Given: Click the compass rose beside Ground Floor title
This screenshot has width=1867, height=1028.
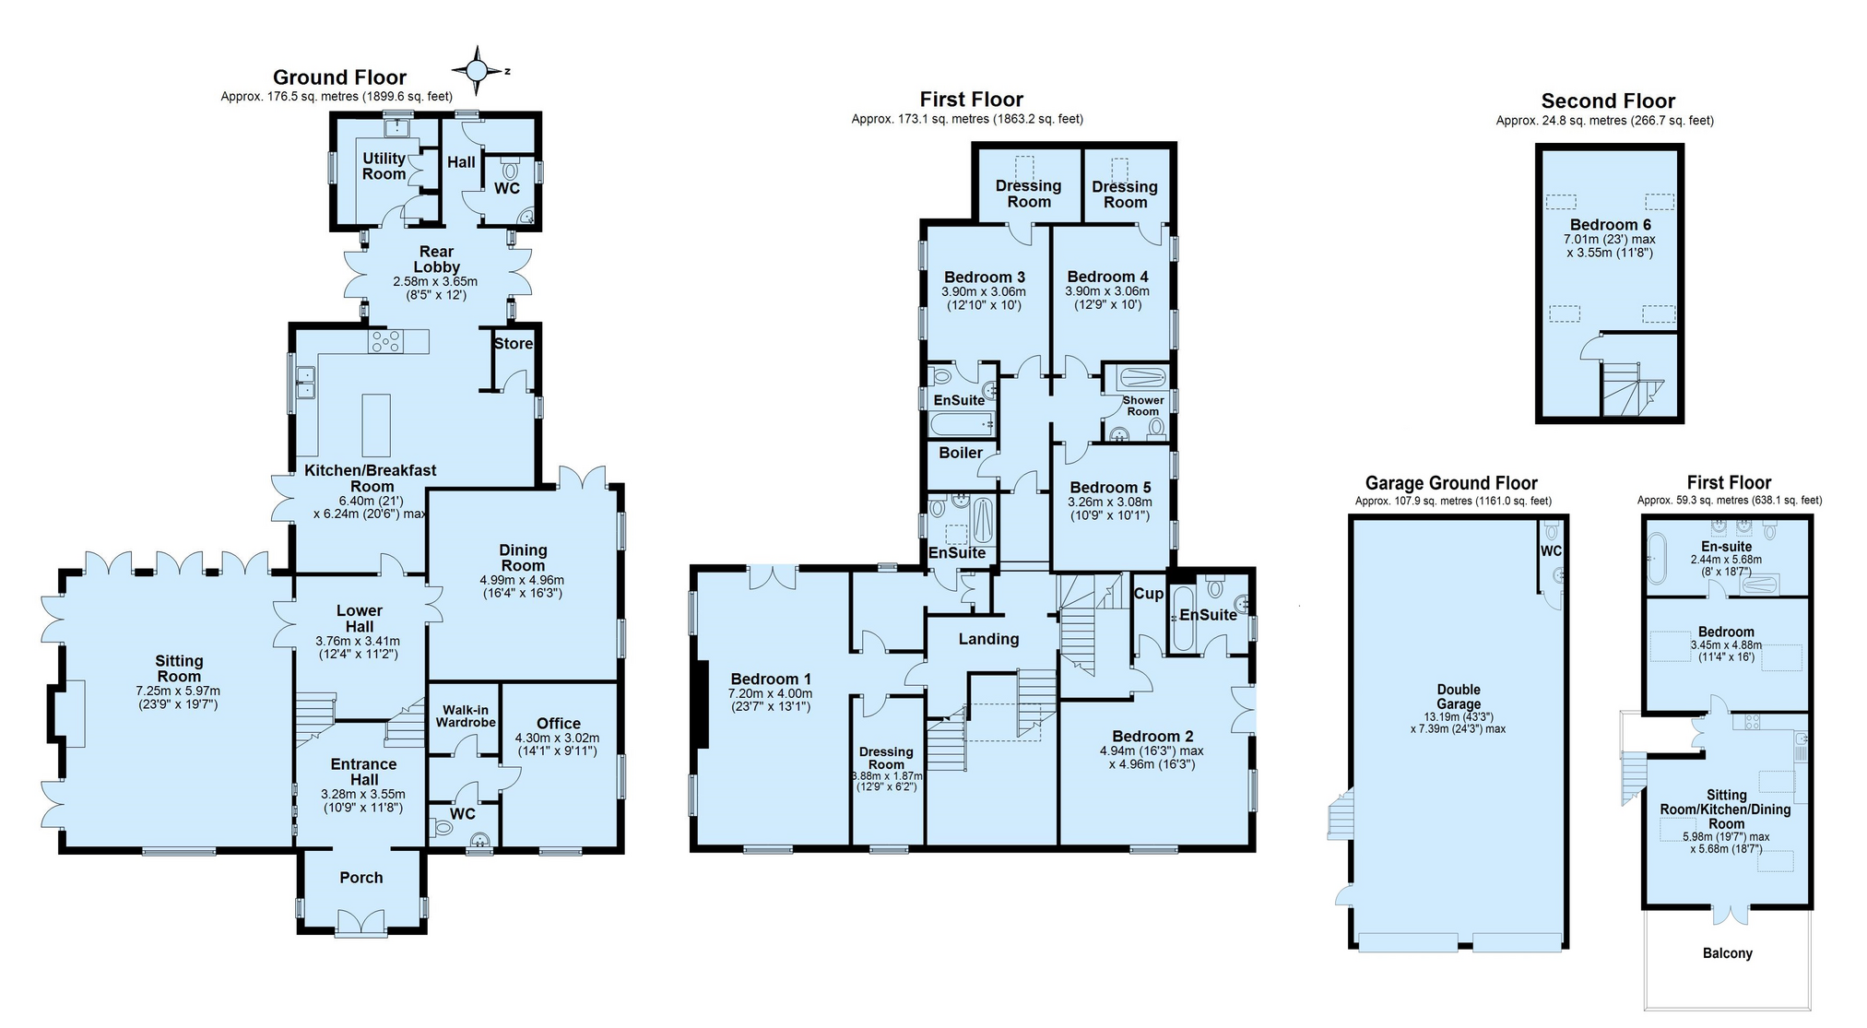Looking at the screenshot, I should coord(477,70).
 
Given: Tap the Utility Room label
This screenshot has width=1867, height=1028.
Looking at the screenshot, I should coord(384,166).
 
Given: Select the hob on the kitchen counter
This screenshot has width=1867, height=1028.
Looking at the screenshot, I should coord(384,342).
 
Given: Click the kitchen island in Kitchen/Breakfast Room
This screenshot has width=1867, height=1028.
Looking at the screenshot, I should coord(375,425).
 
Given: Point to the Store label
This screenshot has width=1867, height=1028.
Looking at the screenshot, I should coord(513,343).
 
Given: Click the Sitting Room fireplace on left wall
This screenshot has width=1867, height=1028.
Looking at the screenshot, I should coord(71,713).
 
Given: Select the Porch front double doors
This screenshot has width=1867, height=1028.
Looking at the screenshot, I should coord(360,923).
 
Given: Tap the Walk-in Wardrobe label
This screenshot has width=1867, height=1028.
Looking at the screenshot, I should coord(466,715).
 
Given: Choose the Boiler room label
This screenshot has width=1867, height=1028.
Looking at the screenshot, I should coord(961,453).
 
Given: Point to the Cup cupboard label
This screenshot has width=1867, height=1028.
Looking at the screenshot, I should coord(1148,593).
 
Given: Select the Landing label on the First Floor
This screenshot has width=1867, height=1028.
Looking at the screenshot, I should coord(988,639).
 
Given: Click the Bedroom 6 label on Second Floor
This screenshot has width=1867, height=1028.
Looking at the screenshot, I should coord(1610,224).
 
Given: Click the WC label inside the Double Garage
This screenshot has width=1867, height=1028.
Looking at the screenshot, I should coord(1551,550).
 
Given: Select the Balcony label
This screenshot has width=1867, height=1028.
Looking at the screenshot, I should coord(1727,953).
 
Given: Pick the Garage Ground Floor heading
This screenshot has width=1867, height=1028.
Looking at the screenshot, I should coord(1451,483).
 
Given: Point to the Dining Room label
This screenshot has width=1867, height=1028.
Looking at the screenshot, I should coord(523,558).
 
